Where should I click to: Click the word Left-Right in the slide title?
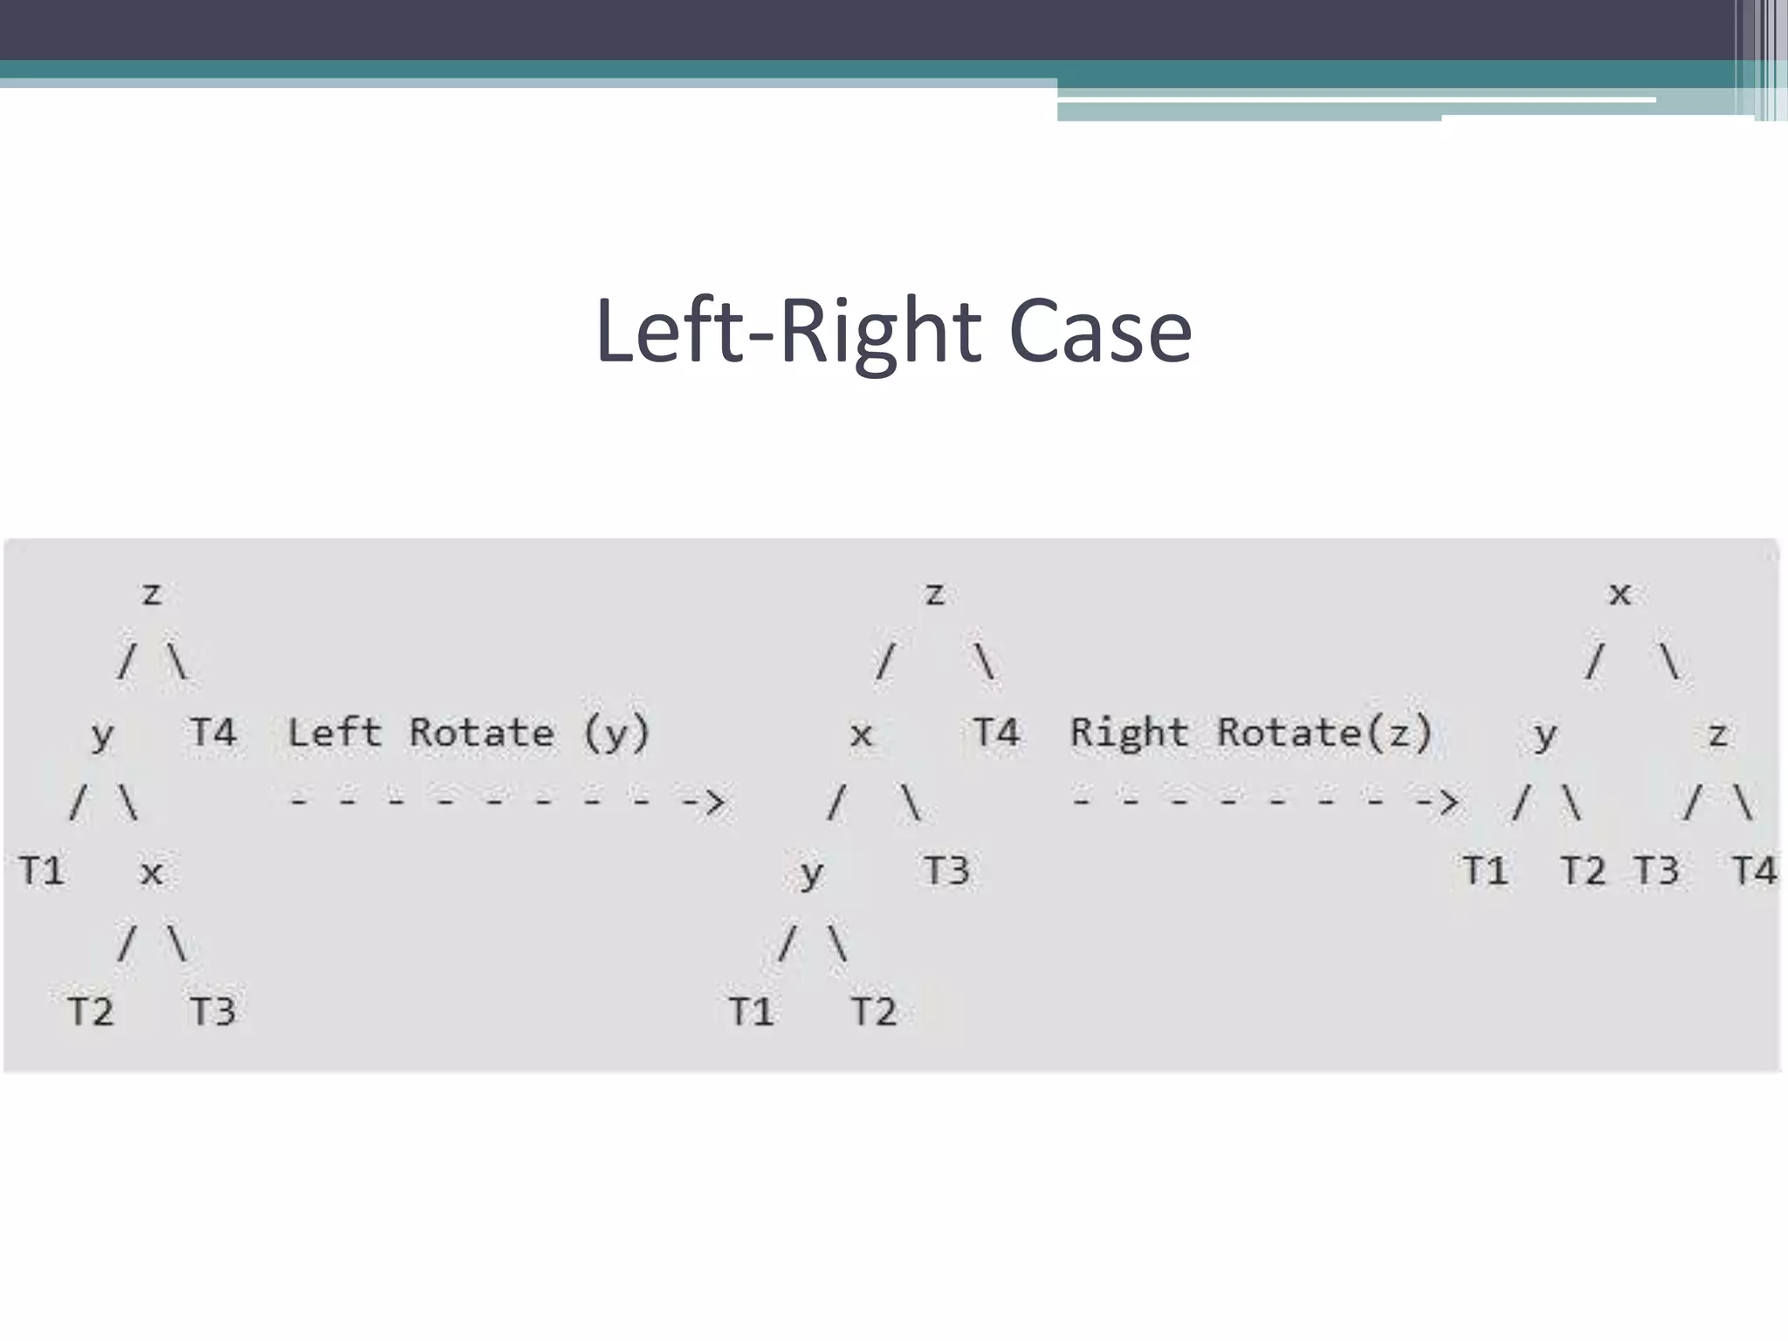click(x=789, y=333)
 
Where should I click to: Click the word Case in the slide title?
click(x=1100, y=333)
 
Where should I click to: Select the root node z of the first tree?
click(x=152, y=595)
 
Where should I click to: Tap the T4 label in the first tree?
click(x=213, y=732)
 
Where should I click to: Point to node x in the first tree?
click(x=152, y=872)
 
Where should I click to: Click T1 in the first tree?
click(x=42, y=871)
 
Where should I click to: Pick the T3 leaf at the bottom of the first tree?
click(x=213, y=1012)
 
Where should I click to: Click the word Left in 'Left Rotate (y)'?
click(x=334, y=732)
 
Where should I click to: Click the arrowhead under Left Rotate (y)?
click(x=714, y=801)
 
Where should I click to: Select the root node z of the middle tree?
click(x=935, y=595)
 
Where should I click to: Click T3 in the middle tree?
click(x=947, y=871)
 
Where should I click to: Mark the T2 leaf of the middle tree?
click(x=874, y=1012)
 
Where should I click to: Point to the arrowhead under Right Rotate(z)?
click(x=1447, y=801)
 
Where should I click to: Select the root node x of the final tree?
click(x=1620, y=595)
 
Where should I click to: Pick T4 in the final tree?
click(x=1754, y=871)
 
